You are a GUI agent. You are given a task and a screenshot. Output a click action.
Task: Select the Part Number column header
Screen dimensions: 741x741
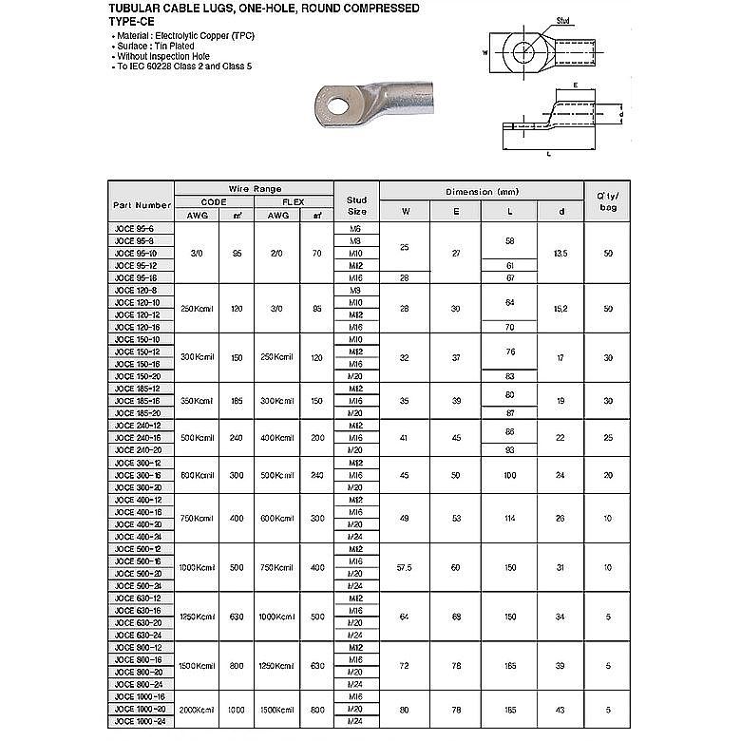tap(142, 204)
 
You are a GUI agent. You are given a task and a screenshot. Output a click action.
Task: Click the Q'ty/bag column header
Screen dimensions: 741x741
tap(607, 201)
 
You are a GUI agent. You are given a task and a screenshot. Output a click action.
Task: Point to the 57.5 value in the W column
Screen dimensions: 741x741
tap(405, 567)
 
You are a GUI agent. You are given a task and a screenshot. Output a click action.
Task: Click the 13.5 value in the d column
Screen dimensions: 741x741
tap(560, 254)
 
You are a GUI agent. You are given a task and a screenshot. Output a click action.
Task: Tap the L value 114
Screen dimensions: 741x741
tap(509, 518)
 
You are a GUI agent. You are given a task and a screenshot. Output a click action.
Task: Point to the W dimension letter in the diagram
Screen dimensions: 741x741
tap(484, 53)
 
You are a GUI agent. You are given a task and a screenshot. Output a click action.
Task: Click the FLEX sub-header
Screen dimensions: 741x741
tap(293, 202)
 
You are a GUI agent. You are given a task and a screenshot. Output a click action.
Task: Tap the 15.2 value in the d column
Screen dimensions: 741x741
tap(560, 308)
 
